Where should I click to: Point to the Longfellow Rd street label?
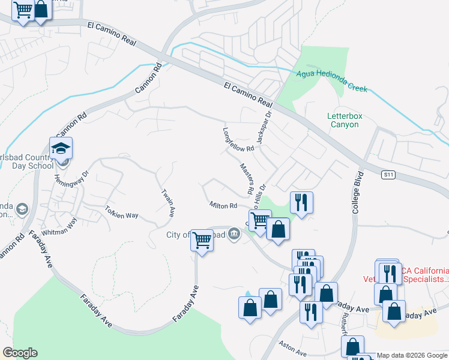click(238, 140)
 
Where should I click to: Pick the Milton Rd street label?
click(223, 206)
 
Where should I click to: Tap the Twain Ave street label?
click(169, 202)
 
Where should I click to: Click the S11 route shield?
click(389, 175)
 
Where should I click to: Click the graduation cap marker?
click(61, 148)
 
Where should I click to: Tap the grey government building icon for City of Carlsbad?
click(234, 235)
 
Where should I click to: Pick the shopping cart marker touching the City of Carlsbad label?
click(202, 241)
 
